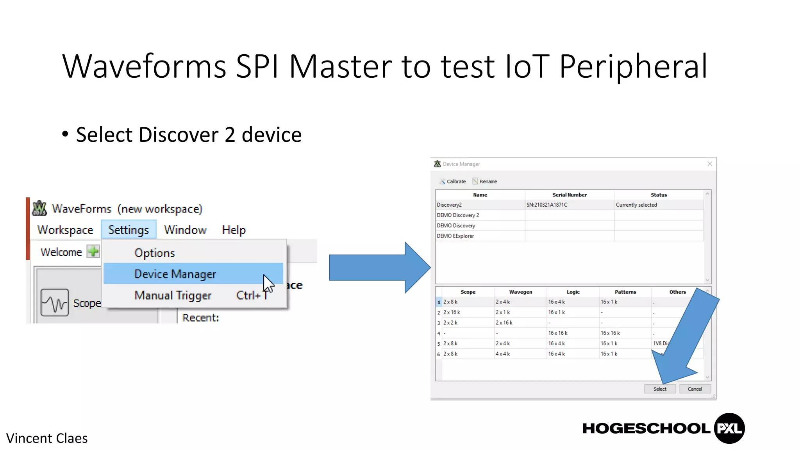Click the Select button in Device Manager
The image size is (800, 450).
coord(660,389)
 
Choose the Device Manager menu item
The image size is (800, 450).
coord(175,274)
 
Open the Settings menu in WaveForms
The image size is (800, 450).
coord(129,230)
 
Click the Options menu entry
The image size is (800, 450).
coord(155,253)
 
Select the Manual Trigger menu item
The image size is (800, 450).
coord(173,295)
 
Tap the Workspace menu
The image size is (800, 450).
coord(65,230)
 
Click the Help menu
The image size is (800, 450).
coord(234,230)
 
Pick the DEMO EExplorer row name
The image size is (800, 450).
coord(455,236)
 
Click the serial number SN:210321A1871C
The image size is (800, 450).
coord(547,205)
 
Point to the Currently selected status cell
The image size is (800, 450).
coord(636,205)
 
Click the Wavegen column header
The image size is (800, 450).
coord(520,292)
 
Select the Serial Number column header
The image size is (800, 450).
coord(570,195)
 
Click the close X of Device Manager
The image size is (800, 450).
coord(710,164)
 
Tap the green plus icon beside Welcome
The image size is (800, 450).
coord(93,252)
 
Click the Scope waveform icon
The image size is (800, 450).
coord(55,302)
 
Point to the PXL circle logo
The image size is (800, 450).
coord(729,428)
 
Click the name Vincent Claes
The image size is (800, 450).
coord(47,438)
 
